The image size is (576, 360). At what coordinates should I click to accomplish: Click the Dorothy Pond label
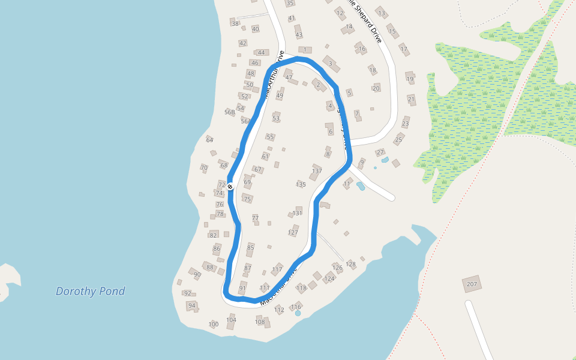[90, 292]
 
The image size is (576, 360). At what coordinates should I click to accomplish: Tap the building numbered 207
[472, 284]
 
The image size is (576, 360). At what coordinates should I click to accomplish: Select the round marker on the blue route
[230, 187]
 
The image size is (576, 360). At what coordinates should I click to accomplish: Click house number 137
[317, 171]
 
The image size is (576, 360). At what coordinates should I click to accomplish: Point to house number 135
[301, 184]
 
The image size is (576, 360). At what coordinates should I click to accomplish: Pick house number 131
[298, 213]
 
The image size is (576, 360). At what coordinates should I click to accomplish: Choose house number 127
[293, 232]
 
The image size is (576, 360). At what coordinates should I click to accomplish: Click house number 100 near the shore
[214, 324]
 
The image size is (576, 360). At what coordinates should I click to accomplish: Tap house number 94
[192, 305]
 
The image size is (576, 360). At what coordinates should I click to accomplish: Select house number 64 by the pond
[209, 140]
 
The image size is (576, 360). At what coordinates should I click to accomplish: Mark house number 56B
[229, 112]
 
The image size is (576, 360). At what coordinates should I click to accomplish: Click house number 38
[235, 23]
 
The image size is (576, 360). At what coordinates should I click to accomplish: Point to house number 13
[381, 13]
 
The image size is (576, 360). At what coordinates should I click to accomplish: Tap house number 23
[405, 124]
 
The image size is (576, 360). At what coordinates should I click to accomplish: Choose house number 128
[351, 264]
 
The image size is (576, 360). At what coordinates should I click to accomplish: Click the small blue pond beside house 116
[298, 313]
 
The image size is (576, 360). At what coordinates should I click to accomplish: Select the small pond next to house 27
[385, 160]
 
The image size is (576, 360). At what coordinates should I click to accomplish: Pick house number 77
[255, 218]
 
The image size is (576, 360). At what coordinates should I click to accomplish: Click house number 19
[410, 79]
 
